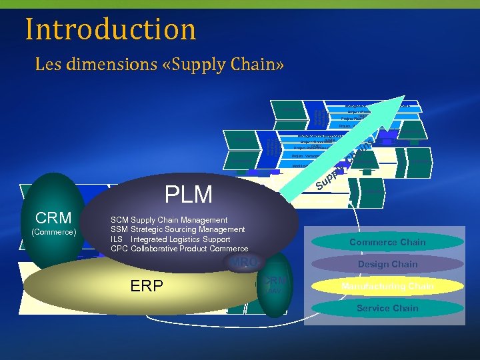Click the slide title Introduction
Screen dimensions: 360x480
(x=111, y=29)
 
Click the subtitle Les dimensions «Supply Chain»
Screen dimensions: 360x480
(x=159, y=65)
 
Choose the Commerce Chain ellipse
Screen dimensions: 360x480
(x=387, y=242)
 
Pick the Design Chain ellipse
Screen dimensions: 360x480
(x=387, y=264)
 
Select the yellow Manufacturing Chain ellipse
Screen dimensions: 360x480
(x=387, y=286)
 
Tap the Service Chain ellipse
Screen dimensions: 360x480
(x=387, y=308)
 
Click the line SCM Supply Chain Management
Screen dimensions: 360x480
(x=169, y=220)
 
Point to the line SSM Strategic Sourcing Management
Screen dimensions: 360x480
(x=177, y=229)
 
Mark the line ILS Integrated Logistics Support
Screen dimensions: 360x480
(x=170, y=239)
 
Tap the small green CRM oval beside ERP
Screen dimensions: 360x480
(x=274, y=283)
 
